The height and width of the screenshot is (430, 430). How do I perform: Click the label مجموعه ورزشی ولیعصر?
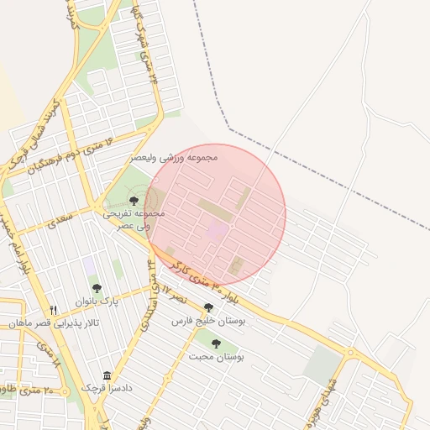click(175, 157)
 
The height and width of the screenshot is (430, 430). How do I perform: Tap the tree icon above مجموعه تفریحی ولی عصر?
click(134, 200)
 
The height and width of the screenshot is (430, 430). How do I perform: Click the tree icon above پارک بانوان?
click(97, 288)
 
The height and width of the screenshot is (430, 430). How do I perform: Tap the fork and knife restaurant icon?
click(54, 310)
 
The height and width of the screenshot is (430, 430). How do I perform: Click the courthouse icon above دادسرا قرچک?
click(107, 375)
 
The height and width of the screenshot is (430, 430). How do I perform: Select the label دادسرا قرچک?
click(107, 388)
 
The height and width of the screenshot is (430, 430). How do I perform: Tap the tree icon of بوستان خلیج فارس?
click(208, 308)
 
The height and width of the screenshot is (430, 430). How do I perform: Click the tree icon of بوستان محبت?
click(216, 343)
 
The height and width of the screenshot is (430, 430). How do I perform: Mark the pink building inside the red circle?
click(218, 228)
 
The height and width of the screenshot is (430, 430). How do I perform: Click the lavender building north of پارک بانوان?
click(89, 265)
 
